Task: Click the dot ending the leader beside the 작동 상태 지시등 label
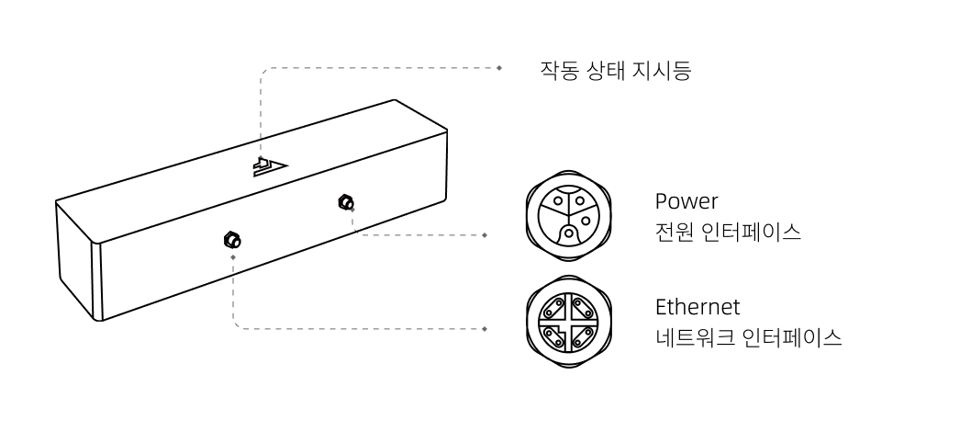tap(499, 68)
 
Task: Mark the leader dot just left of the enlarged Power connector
tap(485, 234)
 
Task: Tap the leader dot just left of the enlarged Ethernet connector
tap(485, 329)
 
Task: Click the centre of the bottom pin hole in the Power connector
tap(569, 233)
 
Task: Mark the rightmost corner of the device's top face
tap(447, 131)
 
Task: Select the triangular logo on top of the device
tap(270, 166)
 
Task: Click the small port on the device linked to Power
tap(346, 201)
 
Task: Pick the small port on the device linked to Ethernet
tap(232, 240)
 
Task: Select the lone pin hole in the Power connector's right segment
tap(585, 220)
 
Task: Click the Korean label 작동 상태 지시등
tap(615, 71)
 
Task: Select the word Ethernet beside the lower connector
tap(698, 307)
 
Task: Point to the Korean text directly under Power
tap(728, 232)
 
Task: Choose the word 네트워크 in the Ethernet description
tap(695, 337)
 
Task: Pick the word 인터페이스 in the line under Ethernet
tap(792, 337)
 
